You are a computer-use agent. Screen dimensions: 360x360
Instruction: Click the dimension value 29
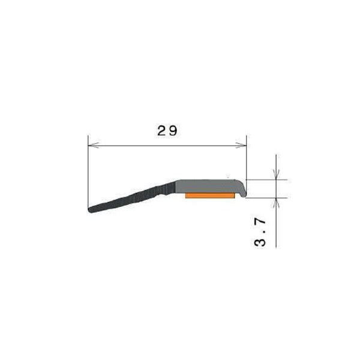click(167, 131)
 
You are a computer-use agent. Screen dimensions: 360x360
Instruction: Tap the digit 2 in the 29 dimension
click(161, 131)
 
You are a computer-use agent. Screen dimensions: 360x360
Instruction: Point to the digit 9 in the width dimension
click(173, 131)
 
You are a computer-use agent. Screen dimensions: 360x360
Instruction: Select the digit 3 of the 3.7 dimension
click(260, 242)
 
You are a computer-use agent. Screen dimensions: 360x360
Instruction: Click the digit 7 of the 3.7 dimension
click(260, 222)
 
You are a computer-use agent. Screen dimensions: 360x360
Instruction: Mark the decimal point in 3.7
click(264, 232)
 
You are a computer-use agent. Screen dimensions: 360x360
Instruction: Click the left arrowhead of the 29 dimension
click(94, 145)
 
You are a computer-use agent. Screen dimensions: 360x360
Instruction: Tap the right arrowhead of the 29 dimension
click(241, 145)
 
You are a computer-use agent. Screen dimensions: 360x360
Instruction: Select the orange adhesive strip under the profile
click(210, 196)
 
